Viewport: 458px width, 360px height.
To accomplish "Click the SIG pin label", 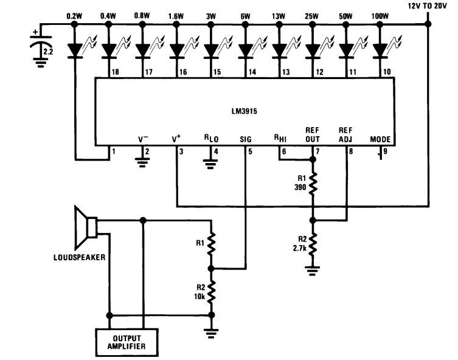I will [x=246, y=139].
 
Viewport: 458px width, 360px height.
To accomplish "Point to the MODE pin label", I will [x=380, y=139].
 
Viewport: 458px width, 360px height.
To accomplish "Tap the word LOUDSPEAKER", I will [x=79, y=257].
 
